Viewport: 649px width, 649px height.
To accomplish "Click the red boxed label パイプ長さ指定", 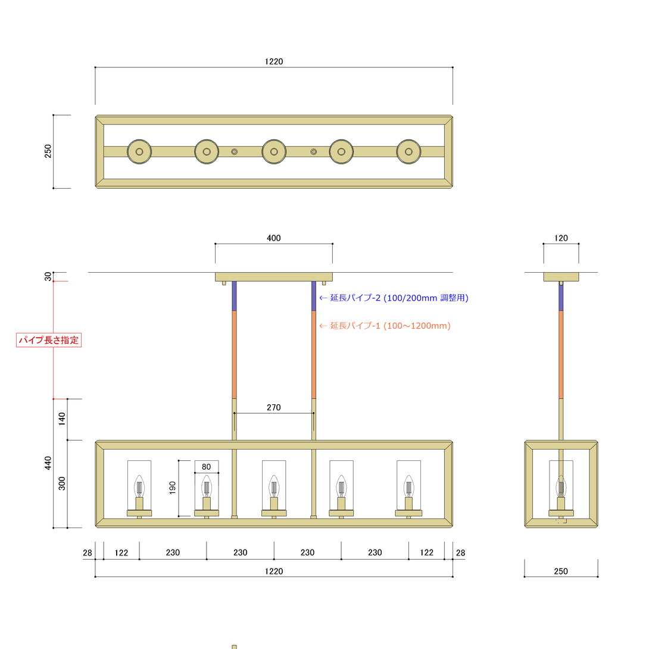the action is point(49,340).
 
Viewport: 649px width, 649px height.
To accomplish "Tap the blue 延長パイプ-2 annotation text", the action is point(394,298).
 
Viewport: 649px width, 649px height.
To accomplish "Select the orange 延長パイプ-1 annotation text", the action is point(385,326).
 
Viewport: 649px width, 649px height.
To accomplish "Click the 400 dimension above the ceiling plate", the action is point(273,238).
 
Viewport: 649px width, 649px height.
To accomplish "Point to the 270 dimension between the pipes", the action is point(273,407).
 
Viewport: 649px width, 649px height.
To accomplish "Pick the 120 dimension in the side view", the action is point(561,238).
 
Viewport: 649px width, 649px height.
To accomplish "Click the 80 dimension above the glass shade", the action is point(206,467).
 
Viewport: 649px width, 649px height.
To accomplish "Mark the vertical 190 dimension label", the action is point(173,488).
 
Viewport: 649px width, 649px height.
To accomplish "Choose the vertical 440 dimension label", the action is point(48,463).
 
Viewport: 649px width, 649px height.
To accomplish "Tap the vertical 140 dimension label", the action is point(62,419).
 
